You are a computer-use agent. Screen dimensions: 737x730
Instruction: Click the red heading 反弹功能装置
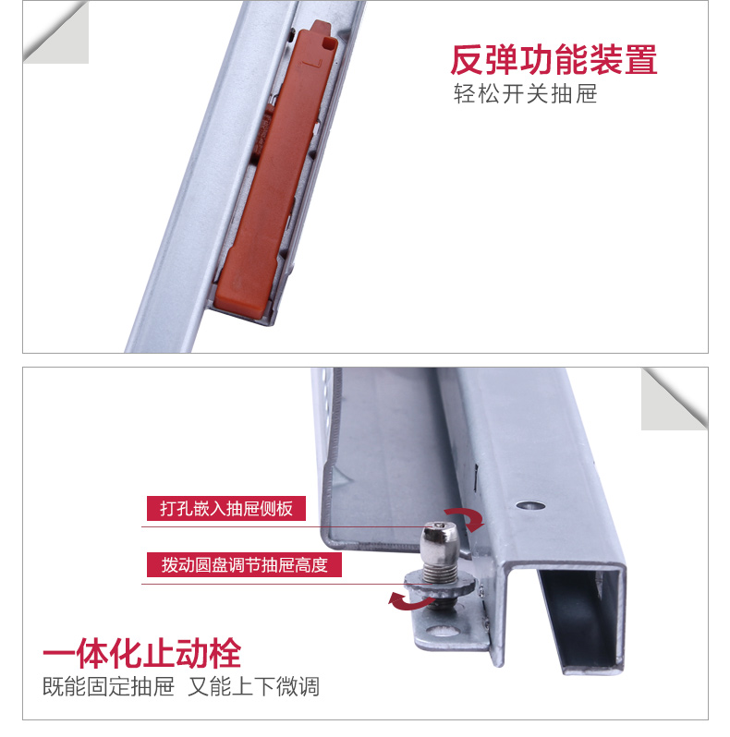click(x=554, y=60)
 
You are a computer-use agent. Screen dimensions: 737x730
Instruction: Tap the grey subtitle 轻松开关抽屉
click(x=525, y=94)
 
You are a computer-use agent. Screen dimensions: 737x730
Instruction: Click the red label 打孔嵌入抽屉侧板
click(x=225, y=508)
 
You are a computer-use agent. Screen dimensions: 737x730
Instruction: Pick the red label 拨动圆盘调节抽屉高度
click(x=244, y=564)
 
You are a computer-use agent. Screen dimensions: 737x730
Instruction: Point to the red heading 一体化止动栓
click(x=141, y=653)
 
